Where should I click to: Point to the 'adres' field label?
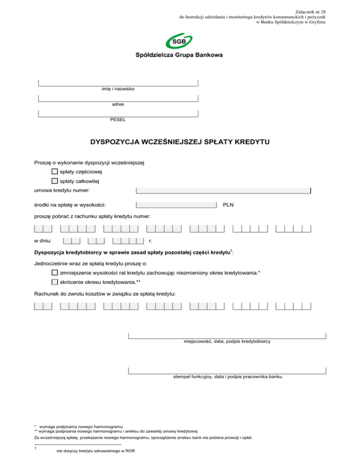(118, 104)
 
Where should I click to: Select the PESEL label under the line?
(118, 120)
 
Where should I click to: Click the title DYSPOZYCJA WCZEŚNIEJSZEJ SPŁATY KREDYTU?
(180, 141)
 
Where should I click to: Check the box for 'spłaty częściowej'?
(55, 172)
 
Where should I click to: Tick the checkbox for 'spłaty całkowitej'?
(55, 181)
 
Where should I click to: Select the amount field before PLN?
(176, 205)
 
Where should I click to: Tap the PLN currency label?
(228, 205)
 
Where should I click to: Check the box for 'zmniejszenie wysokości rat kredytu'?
(55, 273)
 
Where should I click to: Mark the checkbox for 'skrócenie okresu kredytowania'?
(55, 282)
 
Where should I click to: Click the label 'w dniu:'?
(43, 241)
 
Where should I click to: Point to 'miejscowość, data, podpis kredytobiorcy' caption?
(227, 342)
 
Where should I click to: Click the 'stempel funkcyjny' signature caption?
(227, 376)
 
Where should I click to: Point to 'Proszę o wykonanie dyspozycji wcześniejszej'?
(89, 163)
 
